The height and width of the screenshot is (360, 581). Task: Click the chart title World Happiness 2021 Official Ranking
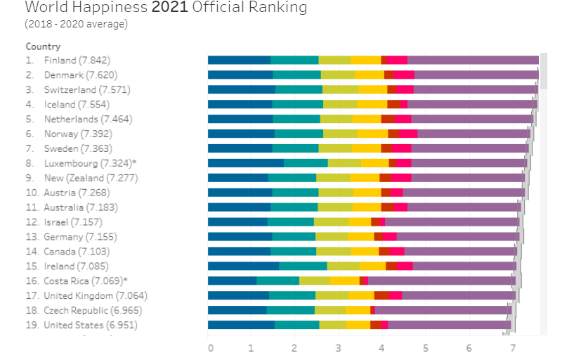166,8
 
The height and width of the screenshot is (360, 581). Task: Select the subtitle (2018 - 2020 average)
76,24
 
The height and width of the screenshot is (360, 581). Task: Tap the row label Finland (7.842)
77,60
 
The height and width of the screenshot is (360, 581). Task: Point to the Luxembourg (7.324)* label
90,163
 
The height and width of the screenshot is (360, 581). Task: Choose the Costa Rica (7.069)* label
90,281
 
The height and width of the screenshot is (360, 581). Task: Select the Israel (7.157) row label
75,222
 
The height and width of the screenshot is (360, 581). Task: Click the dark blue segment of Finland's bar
239,60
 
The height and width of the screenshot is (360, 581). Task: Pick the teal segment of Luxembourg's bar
306,163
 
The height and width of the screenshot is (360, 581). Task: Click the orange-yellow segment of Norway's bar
372,134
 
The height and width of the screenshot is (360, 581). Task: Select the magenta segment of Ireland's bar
405,266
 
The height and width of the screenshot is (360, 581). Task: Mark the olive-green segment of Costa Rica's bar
314,281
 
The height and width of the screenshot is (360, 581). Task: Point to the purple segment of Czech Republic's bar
443,310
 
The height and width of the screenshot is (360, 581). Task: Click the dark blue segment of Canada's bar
239,251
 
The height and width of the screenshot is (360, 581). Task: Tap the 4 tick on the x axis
382,348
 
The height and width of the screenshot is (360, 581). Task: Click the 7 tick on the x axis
513,348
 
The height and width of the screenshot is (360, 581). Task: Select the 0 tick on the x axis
209,348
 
